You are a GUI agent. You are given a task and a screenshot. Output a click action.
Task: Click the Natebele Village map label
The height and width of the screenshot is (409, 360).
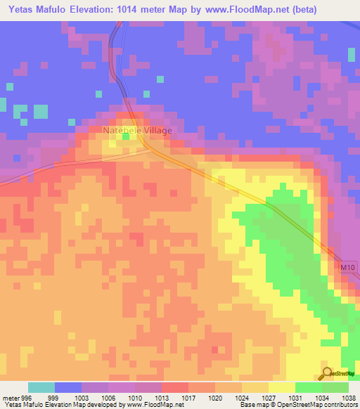(x=137, y=130)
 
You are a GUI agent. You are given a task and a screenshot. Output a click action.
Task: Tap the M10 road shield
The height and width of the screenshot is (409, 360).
(x=347, y=268)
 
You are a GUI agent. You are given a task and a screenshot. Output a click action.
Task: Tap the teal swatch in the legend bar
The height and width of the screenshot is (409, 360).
(x=41, y=388)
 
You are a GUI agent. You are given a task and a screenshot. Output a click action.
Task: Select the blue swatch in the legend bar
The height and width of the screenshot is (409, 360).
(x=68, y=388)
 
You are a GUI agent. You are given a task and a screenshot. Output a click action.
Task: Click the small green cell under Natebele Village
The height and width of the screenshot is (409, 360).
(x=127, y=137)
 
